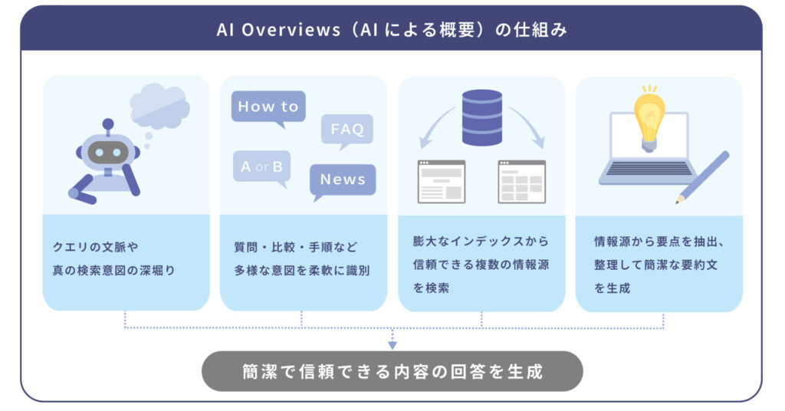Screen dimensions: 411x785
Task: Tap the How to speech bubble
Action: (268, 107)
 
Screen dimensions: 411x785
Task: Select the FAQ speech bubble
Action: (347, 129)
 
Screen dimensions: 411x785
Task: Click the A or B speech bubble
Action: (261, 166)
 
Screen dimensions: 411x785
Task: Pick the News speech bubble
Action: (343, 179)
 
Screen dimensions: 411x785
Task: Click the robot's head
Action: (107, 151)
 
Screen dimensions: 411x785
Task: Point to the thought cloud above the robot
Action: (159, 107)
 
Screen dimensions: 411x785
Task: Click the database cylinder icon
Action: (481, 117)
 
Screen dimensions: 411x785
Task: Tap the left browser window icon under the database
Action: (441, 182)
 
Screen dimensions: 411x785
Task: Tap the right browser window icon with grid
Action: (521, 182)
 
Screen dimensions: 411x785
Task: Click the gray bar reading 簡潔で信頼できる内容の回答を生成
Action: (392, 372)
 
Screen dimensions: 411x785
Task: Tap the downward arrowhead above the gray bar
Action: (392, 344)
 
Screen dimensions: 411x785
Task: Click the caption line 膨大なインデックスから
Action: (481, 242)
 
